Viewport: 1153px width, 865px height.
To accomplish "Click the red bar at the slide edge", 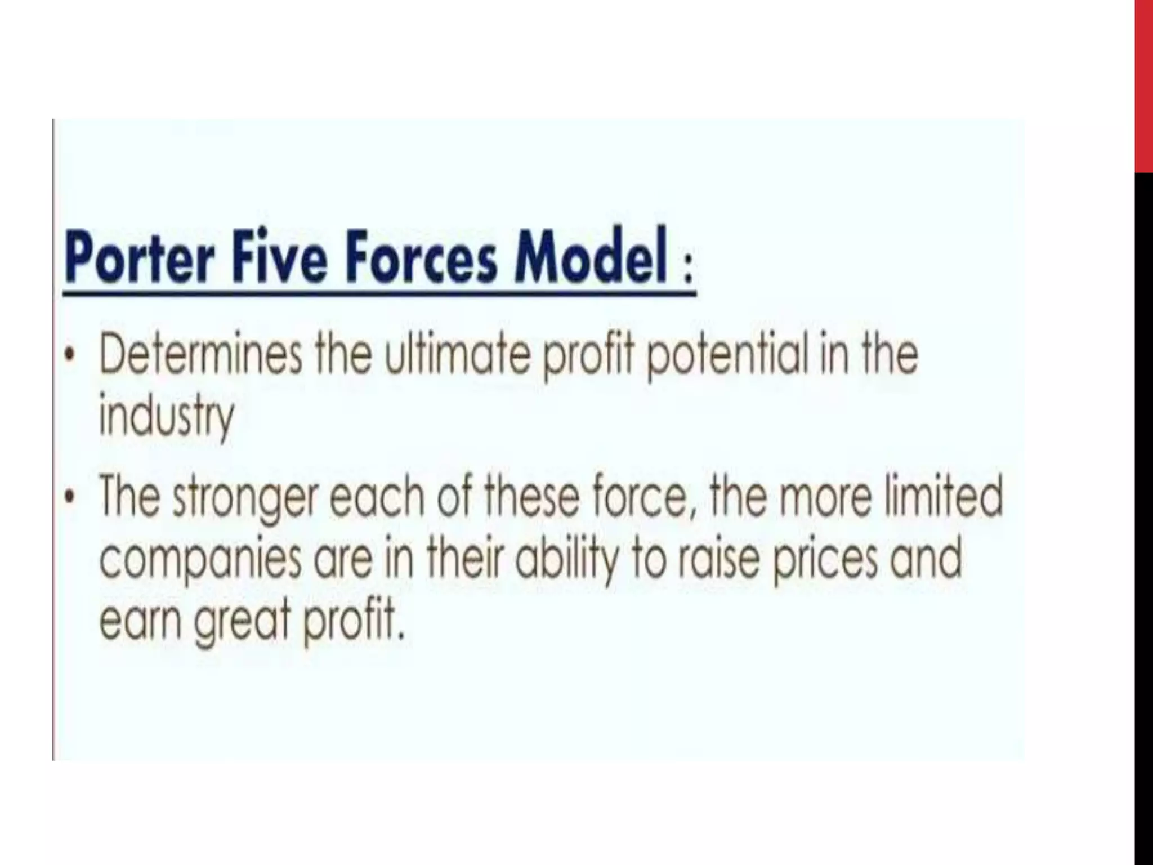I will (1143, 84).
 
